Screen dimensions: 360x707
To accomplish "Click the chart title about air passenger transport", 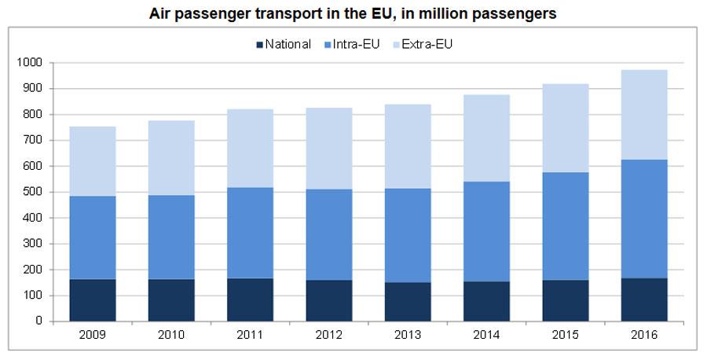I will pos(353,14).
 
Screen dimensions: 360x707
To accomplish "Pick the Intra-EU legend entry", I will pos(354,45).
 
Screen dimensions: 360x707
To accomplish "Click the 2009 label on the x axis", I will pos(93,335).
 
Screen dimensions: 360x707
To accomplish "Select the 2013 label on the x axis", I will pos(408,335).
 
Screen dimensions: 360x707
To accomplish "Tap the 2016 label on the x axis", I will pos(644,335).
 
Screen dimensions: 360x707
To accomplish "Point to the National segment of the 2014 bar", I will pos(486,301).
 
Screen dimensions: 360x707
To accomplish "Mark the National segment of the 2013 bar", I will pos(408,302).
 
